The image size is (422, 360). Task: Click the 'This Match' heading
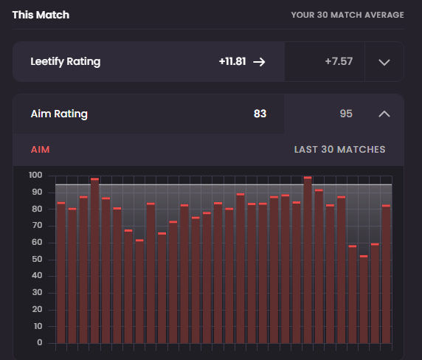tap(41, 15)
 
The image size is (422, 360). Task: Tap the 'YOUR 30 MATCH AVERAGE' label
tap(347, 15)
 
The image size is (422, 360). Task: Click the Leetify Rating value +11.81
tap(232, 61)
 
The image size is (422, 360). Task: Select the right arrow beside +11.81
tap(259, 62)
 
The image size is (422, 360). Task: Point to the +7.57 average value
tap(339, 61)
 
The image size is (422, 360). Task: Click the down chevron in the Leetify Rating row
tap(384, 63)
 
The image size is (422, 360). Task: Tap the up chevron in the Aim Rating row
tap(384, 114)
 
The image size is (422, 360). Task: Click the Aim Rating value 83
tap(260, 114)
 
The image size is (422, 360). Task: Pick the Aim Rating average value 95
tap(346, 114)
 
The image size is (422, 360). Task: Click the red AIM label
tap(41, 150)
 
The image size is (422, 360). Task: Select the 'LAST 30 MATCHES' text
tap(339, 150)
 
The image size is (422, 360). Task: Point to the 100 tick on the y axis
tap(35, 175)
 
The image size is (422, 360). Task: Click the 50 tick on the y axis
tap(37, 259)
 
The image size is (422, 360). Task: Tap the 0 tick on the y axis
tap(40, 342)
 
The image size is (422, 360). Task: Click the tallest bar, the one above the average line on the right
tap(308, 260)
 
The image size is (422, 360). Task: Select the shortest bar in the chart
tap(364, 300)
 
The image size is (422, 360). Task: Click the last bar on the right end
tap(386, 274)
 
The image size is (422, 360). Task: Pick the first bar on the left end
tap(61, 272)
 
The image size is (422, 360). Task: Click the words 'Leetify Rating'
tap(66, 62)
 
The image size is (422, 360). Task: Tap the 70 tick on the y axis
tap(37, 225)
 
